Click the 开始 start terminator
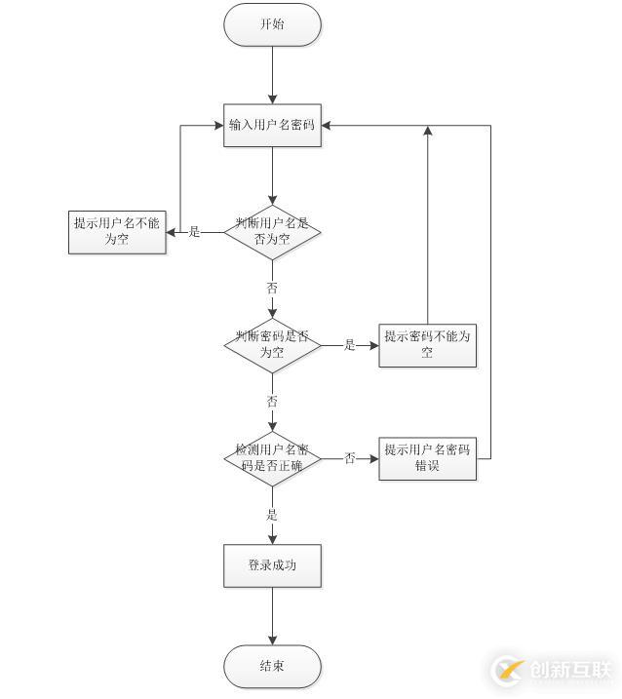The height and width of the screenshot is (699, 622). [272, 24]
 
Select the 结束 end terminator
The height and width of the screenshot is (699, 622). [272, 666]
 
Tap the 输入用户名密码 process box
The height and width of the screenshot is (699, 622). [272, 125]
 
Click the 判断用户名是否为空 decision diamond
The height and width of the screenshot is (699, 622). [272, 232]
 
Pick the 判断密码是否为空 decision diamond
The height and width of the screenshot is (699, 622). [272, 345]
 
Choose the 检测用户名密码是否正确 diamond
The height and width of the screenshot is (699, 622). [272, 458]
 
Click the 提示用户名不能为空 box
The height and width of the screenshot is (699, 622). [117, 232]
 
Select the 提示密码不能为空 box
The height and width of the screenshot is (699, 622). [427, 345]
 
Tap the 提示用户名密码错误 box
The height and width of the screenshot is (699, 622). [427, 459]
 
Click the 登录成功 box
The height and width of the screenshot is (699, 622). [272, 565]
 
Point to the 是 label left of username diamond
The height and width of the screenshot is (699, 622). [194, 232]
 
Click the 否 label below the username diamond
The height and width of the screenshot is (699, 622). [272, 288]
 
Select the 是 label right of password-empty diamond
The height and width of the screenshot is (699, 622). [350, 344]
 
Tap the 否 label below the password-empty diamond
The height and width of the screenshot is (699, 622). [272, 402]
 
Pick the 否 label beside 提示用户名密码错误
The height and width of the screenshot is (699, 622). [350, 458]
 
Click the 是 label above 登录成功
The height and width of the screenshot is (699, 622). [272, 515]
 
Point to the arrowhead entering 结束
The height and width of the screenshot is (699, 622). [272, 640]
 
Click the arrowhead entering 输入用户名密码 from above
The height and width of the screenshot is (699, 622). [272, 99]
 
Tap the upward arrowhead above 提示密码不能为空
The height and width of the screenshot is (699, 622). [428, 131]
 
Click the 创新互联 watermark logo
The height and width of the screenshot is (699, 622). [552, 670]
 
